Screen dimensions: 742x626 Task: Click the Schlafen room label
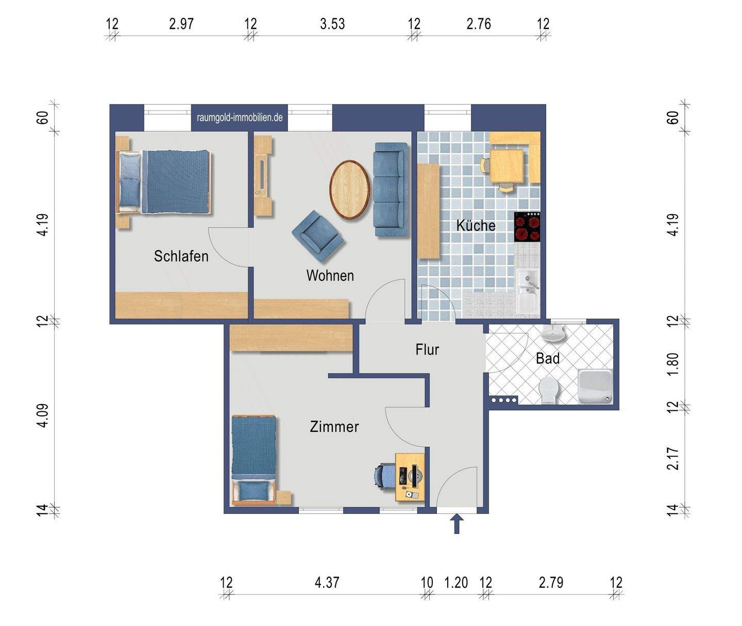(181, 256)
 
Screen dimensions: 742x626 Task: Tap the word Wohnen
(330, 275)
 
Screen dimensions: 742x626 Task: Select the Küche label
(476, 225)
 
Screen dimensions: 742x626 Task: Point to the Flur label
(427, 350)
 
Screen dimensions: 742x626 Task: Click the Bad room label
(548, 358)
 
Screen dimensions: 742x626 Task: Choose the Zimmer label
(334, 426)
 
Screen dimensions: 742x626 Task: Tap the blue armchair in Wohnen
(317, 236)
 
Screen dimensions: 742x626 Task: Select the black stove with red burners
(527, 227)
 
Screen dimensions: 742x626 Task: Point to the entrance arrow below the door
(457, 524)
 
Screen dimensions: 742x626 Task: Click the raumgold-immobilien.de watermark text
(240, 117)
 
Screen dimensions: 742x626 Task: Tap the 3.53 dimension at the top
(332, 24)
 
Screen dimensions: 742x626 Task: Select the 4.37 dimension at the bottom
(327, 583)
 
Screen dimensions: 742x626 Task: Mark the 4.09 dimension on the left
(43, 415)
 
